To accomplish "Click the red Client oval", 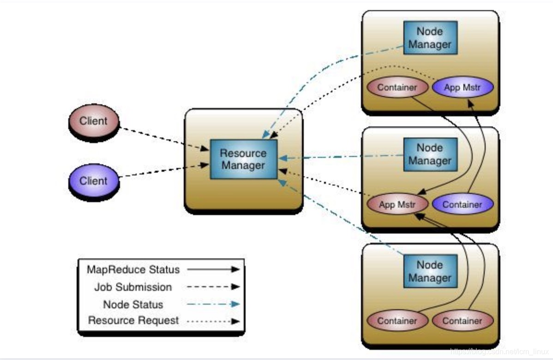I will [x=94, y=121].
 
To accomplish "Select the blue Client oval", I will [x=94, y=180].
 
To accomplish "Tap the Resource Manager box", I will [x=243, y=159].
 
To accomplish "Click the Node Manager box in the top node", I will [x=430, y=38].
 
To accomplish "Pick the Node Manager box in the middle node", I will [x=430, y=154].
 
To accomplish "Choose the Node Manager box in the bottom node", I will [x=430, y=271].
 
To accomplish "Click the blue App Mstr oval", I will [x=463, y=87].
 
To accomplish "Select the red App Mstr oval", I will [x=397, y=204].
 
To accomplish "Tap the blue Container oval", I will [x=463, y=204].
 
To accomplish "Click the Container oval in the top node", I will [x=397, y=87].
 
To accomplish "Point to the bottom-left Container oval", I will [x=397, y=321].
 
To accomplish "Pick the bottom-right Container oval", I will [x=463, y=321].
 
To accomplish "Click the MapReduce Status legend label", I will [x=133, y=270].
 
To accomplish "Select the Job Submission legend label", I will [x=133, y=287].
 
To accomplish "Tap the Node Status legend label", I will [x=133, y=305].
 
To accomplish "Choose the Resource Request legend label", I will [x=133, y=320].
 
